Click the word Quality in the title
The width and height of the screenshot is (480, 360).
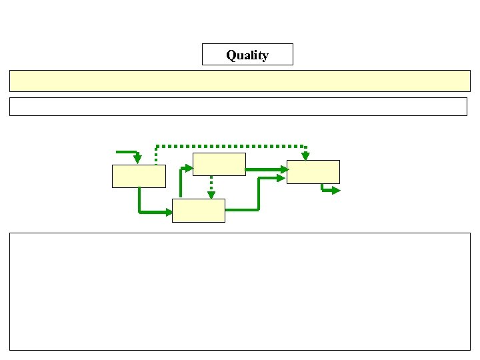(x=247, y=55)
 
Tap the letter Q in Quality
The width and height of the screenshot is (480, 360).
(x=231, y=55)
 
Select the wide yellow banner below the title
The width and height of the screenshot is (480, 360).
(x=240, y=81)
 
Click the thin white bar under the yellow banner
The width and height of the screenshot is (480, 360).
(x=238, y=107)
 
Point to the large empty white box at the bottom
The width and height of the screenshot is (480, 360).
(x=240, y=291)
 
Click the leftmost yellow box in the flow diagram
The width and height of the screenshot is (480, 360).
(x=139, y=176)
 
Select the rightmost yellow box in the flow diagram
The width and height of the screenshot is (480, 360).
(x=313, y=171)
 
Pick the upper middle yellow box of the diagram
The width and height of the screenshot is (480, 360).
(x=219, y=164)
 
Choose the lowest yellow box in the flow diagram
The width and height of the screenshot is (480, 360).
(x=198, y=211)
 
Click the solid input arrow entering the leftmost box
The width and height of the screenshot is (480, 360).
(x=128, y=153)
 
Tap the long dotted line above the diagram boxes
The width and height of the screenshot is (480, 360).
(x=230, y=145)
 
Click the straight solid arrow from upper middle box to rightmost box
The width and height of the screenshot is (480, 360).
(x=265, y=169)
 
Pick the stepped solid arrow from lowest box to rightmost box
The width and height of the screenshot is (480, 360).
(x=259, y=193)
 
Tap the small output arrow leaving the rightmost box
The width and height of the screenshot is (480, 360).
(x=329, y=190)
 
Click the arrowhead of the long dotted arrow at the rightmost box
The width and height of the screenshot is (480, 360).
(x=305, y=157)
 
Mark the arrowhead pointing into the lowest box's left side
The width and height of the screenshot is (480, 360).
(x=167, y=212)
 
